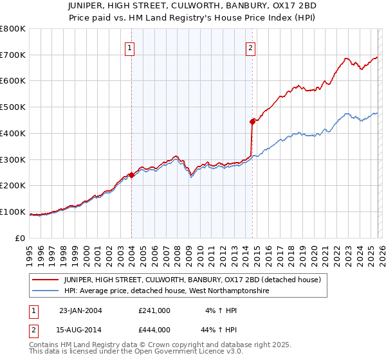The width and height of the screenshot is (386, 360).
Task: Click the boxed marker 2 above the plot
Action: pos(250,47)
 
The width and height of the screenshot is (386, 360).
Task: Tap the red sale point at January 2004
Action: pos(131,174)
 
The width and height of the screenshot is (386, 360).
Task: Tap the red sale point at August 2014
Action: pos(252,121)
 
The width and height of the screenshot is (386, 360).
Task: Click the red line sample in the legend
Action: pos(46,280)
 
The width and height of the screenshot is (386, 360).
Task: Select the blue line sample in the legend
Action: pos(46,291)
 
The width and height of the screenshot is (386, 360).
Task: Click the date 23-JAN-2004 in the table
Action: pos(80,310)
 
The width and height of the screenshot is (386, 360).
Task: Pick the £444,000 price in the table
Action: pos(154,330)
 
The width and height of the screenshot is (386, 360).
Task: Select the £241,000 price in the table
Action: pos(154,310)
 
